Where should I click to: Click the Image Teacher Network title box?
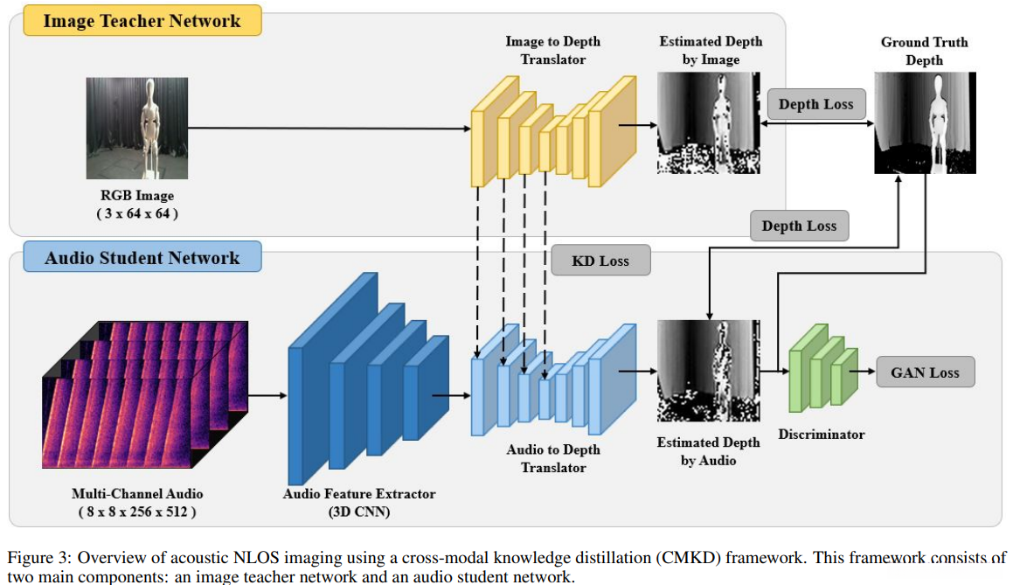[142, 21]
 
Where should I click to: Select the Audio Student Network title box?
[142, 257]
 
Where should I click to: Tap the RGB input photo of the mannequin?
[137, 128]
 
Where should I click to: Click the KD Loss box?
[600, 261]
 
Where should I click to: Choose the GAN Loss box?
[925, 373]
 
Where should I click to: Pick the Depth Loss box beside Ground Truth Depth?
[816, 104]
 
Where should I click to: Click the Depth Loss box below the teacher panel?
[799, 226]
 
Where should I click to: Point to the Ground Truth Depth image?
[925, 122]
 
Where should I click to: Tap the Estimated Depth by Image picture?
[709, 122]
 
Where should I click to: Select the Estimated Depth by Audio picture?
[709, 371]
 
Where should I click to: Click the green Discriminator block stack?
[823, 368]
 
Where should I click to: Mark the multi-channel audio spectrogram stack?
[145, 394]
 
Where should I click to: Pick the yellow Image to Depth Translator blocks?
[553, 132]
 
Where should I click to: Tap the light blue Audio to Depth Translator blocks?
[553, 380]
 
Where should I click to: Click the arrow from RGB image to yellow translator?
[330, 128]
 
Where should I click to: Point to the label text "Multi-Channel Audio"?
[137, 494]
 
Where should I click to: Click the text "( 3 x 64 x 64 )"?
[137, 213]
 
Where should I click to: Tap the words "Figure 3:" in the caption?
[38, 558]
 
